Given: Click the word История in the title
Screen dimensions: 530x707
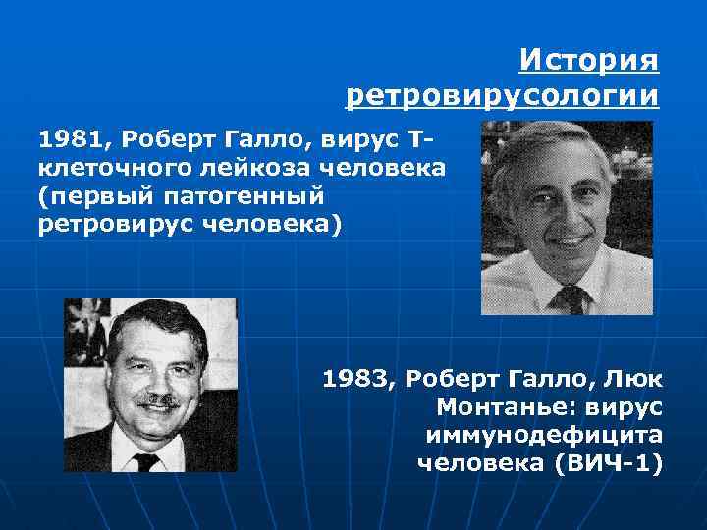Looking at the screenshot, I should (x=588, y=61).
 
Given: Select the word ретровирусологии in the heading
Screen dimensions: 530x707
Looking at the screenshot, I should (x=502, y=96).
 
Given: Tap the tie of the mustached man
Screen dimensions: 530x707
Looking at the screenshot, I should (x=148, y=459).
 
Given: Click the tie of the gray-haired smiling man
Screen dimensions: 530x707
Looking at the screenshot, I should (x=572, y=297).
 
